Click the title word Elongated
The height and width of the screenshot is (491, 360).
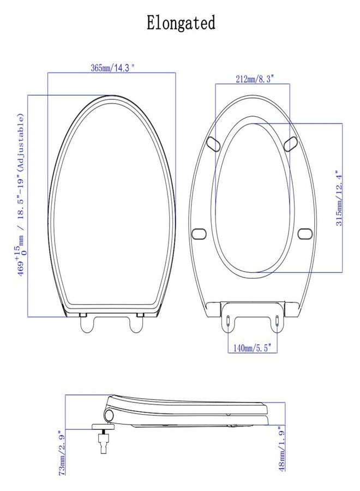181,23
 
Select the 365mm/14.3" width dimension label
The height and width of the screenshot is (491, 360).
112,68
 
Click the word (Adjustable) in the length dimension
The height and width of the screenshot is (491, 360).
22,142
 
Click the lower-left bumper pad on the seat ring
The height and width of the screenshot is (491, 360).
199,233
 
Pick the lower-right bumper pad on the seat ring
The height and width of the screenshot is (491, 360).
305,233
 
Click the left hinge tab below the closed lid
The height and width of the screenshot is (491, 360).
88,322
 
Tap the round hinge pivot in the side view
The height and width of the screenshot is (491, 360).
111,415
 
